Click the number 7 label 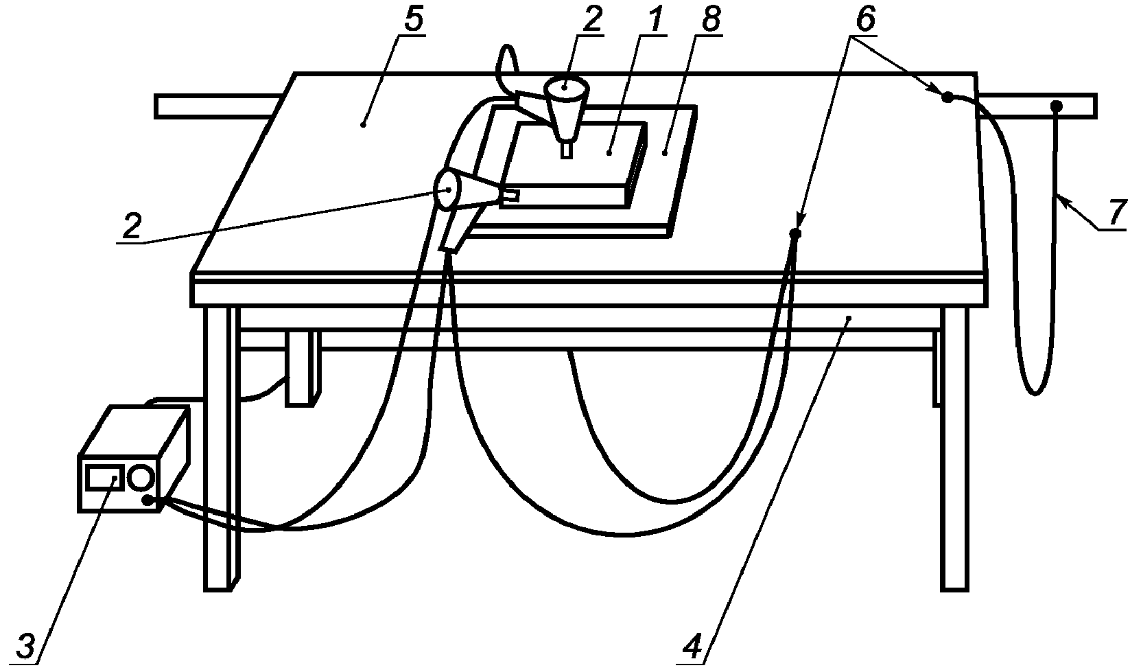tap(1117, 213)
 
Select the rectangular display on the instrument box tap(104, 478)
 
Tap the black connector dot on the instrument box tap(148, 500)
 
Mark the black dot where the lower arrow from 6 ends tap(795, 233)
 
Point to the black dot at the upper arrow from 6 tap(947, 97)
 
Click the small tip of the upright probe tap(567, 150)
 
